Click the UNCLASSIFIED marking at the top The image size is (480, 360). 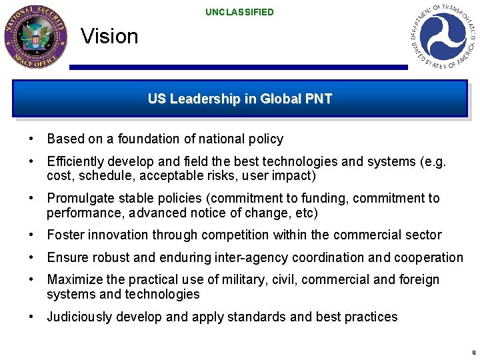(x=239, y=12)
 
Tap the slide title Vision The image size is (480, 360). (x=109, y=36)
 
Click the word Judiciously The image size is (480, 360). (x=79, y=317)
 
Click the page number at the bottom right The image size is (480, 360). (x=473, y=352)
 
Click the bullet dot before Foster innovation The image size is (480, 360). (x=32, y=235)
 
